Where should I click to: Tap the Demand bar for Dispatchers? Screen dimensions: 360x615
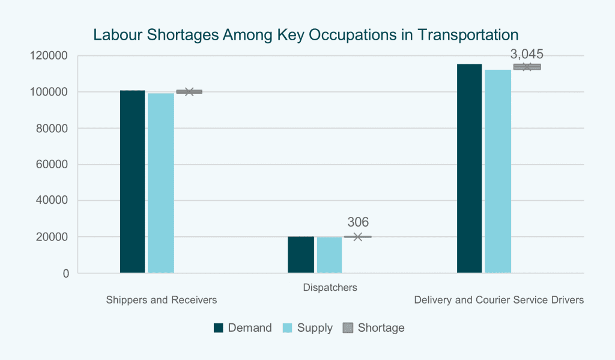tap(300, 255)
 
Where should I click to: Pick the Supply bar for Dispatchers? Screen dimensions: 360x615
tap(329, 255)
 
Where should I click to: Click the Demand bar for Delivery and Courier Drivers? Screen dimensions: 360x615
tap(469, 169)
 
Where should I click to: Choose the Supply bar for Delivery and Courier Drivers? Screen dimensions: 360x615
tap(497, 171)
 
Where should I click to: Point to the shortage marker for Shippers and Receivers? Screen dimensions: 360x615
tap(189, 91)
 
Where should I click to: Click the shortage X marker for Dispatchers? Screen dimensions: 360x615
tap(357, 237)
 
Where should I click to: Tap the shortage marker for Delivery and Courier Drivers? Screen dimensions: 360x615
tap(527, 67)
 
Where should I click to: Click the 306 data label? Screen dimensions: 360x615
tap(358, 222)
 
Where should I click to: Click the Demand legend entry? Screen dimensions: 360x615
tap(243, 328)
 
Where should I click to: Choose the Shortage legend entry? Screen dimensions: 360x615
tap(374, 328)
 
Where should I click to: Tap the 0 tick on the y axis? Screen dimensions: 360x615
tap(65, 273)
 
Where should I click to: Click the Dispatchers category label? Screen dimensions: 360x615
tap(330, 287)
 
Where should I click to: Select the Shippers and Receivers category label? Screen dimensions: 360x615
tap(161, 299)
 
